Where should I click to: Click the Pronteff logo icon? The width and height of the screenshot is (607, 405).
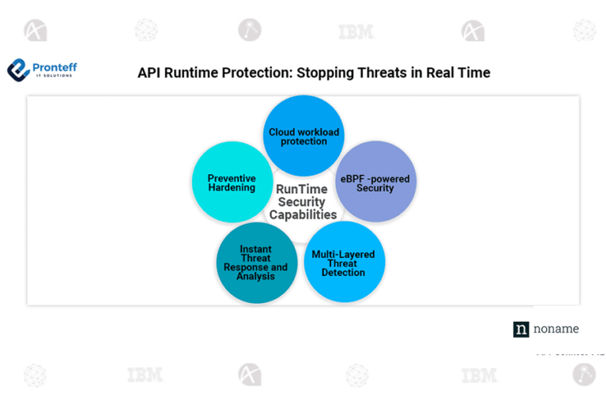[x=18, y=71]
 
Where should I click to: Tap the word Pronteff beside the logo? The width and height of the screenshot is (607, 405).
[x=55, y=68]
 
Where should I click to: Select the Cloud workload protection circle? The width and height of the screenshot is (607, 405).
[x=303, y=135]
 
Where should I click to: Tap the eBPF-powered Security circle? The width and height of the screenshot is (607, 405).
[x=375, y=182]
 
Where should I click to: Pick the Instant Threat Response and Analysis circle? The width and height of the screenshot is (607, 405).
[x=256, y=263]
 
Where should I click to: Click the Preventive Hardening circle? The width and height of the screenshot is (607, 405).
[x=232, y=183]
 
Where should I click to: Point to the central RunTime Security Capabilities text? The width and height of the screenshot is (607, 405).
[x=303, y=202]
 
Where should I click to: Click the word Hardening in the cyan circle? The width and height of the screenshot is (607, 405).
[x=232, y=188]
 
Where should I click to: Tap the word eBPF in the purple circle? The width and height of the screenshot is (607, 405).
[x=353, y=179]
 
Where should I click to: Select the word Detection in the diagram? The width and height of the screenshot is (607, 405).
[x=344, y=273]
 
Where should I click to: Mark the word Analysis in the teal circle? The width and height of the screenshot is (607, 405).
[x=256, y=277]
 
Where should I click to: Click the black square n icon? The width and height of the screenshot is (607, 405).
[x=521, y=329]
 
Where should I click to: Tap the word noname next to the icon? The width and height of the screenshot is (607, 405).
[x=556, y=329]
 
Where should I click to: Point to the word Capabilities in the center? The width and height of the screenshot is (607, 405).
[x=303, y=215]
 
